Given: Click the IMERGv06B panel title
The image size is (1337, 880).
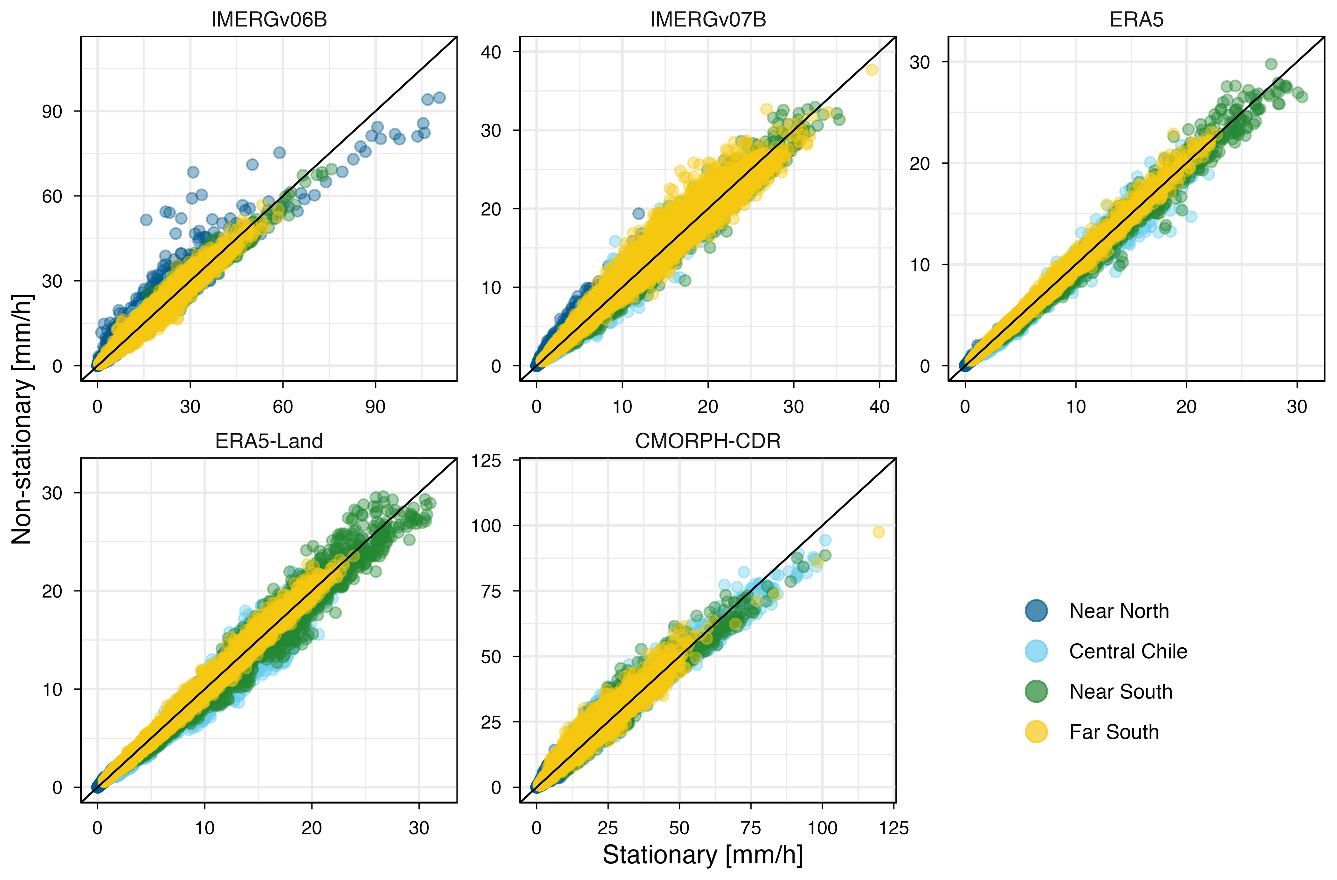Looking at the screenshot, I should [x=269, y=20].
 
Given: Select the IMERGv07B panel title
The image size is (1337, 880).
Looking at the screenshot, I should [x=708, y=20].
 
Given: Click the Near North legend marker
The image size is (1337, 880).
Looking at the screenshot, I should [x=1036, y=611].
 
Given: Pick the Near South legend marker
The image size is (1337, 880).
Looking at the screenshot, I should [x=1036, y=691].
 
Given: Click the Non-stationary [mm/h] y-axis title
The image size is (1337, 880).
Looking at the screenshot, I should [x=23, y=418].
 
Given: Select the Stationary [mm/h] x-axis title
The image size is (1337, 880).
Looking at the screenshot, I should [x=702, y=855].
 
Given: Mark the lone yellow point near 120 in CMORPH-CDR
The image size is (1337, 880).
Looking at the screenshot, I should [x=879, y=532].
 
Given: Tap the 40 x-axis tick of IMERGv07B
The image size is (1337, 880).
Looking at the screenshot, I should [x=879, y=406].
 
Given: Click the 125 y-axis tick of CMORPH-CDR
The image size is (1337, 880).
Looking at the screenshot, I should [x=486, y=461].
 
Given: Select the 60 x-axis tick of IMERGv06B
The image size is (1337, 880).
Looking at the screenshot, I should [x=283, y=406].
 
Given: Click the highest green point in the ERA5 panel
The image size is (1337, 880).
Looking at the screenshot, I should [x=1271, y=64].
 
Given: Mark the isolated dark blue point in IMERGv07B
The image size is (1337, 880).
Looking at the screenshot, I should [x=639, y=213].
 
